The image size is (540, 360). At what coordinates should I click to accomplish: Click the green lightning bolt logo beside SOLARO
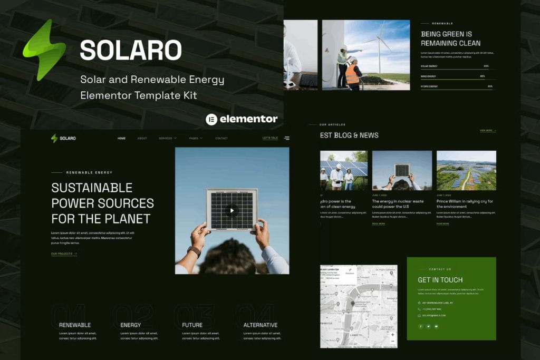(44, 50)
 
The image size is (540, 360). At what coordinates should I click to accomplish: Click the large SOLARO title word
(131, 50)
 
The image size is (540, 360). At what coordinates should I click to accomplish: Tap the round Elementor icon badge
(211, 119)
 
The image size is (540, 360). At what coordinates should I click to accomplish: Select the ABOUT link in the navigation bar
(142, 138)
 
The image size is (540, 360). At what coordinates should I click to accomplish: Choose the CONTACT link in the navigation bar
(221, 138)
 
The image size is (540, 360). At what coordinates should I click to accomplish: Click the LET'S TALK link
(270, 138)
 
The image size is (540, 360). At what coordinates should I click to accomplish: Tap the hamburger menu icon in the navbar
(286, 138)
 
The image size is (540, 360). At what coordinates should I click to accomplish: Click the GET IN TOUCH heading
(440, 280)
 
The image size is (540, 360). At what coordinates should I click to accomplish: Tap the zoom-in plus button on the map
(392, 334)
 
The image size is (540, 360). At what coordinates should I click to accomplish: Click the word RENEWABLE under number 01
(75, 325)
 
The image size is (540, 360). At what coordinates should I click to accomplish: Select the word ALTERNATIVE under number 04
(261, 325)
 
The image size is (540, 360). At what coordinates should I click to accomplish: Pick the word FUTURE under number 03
(192, 325)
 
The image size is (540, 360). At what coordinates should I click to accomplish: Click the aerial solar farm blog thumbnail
(466, 170)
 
